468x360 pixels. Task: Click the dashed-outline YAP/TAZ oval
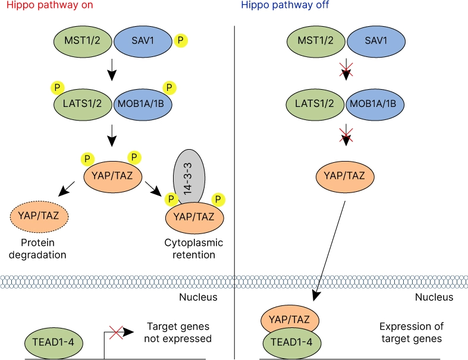[39, 215]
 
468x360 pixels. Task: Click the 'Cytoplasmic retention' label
[190, 249]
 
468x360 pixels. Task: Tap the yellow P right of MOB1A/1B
[170, 88]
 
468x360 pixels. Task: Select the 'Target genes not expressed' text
[179, 333]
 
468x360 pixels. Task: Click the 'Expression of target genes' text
[410, 333]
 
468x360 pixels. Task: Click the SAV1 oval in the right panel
[376, 41]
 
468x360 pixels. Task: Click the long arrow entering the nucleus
[331, 250]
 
